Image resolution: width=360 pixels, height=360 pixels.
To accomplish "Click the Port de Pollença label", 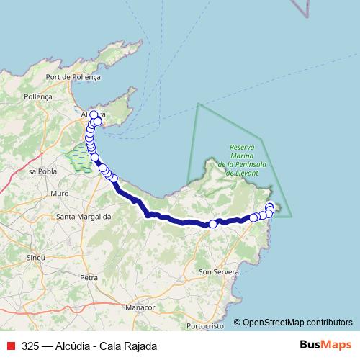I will (x=73, y=76).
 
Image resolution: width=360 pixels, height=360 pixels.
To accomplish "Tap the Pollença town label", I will (x=38, y=96).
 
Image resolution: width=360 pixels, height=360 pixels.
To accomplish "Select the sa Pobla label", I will (x=42, y=172).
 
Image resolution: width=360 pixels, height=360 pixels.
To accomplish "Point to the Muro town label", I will (x=60, y=194).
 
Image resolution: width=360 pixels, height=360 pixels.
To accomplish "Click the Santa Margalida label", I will (x=84, y=216).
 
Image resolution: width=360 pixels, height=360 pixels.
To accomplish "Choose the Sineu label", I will (x=35, y=257).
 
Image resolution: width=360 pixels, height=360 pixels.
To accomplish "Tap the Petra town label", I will (x=89, y=276).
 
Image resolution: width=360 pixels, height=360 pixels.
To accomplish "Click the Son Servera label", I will (x=215, y=271).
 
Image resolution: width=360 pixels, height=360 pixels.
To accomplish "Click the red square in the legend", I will (x=10, y=346).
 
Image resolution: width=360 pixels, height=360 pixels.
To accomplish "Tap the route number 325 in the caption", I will (x=31, y=346).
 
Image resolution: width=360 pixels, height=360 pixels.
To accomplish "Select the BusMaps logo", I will (x=325, y=345).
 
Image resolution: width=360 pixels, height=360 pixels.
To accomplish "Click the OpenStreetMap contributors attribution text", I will (x=297, y=322).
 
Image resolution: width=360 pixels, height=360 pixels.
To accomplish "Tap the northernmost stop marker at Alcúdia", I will (x=94, y=114).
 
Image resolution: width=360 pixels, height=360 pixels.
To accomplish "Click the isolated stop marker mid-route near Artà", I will (x=213, y=224).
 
